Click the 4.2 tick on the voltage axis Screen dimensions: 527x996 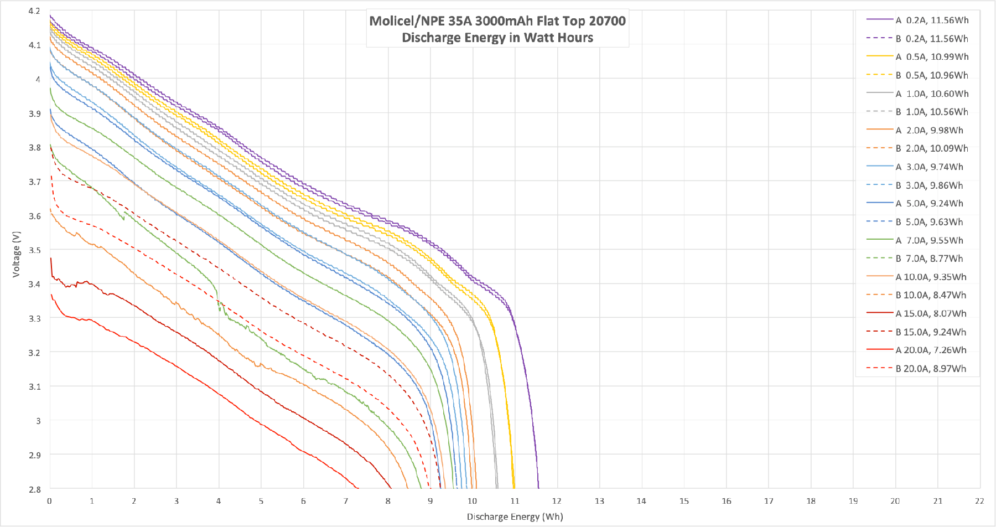34,11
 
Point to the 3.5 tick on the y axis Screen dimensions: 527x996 34,250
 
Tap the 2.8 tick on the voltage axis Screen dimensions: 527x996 34,489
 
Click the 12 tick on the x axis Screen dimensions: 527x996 557,501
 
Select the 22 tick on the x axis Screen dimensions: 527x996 979,501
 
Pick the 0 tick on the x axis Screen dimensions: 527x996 50,501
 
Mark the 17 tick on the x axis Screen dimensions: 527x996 769,501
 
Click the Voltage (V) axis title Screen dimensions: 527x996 17,254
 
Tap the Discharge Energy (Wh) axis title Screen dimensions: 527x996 515,517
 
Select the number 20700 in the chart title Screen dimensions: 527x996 607,21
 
